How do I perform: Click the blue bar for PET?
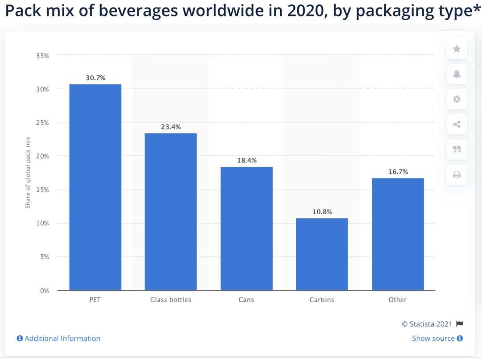coord(95,187)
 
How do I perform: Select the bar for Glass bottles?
coord(170,212)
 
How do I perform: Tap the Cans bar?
coord(246,228)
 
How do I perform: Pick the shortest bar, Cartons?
coord(322,254)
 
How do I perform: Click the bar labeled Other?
coord(398,234)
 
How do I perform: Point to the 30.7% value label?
coord(96,78)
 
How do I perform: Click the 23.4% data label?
coord(171,127)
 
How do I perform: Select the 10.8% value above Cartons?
coord(322,212)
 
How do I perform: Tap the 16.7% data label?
coord(398,172)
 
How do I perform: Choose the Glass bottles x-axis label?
coord(170,300)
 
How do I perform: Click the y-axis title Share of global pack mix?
coord(28,173)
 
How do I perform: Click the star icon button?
coord(457,49)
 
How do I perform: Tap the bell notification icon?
coord(457,74)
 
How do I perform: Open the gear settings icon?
coord(457,99)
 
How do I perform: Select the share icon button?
coord(457,124)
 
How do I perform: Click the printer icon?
coord(457,175)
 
